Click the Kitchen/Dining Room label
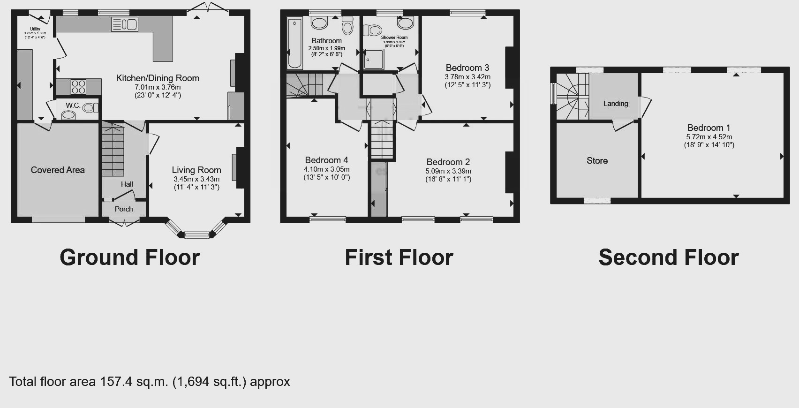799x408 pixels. [158, 78]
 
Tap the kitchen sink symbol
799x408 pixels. [125, 24]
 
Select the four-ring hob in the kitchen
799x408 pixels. [78, 87]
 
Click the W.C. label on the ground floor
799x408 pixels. [73, 105]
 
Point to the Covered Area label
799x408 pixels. [58, 170]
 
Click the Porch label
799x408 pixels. [124, 209]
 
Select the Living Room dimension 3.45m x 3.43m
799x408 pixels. [196, 179]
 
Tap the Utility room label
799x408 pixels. [35, 29]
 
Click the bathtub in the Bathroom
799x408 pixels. [294, 43]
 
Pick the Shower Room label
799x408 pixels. [394, 38]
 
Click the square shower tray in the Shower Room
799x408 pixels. [374, 59]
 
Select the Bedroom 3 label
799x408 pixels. [467, 68]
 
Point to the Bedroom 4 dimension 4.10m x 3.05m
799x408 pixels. [326, 169]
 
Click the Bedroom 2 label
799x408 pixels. [448, 162]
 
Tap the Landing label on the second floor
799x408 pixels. [616, 104]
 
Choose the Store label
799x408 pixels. [597, 161]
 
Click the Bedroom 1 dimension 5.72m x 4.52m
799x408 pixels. [709, 137]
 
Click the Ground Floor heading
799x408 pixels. [130, 257]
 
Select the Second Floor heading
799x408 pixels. [669, 257]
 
